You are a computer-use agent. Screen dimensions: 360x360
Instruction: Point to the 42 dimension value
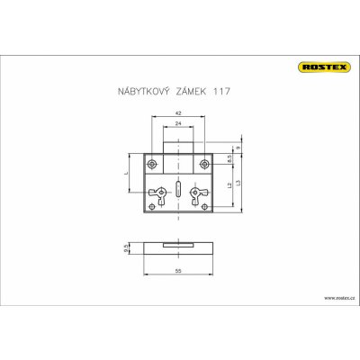[x=179, y=113]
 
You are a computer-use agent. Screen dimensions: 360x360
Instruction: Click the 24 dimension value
[x=179, y=123]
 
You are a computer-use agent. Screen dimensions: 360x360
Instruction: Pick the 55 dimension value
[x=179, y=271]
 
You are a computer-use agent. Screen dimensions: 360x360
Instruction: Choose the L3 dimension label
[x=239, y=184]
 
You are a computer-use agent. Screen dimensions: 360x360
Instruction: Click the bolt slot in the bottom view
[x=179, y=243]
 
